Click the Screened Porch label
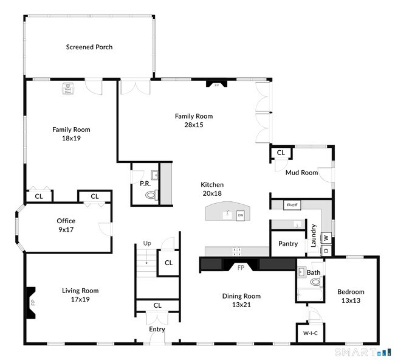[89, 47]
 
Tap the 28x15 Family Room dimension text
[194, 125]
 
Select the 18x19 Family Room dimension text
[71, 138]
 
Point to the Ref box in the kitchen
[291, 205]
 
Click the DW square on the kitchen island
[241, 215]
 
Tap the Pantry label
[288, 244]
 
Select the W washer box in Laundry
[326, 238]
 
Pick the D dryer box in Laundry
[326, 249]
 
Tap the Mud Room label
[302, 173]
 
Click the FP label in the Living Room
[33, 302]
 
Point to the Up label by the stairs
[147, 243]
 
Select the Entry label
[157, 329]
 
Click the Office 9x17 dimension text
[66, 229]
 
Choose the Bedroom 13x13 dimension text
[351, 300]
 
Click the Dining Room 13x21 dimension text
[241, 305]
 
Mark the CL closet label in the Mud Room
[281, 153]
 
